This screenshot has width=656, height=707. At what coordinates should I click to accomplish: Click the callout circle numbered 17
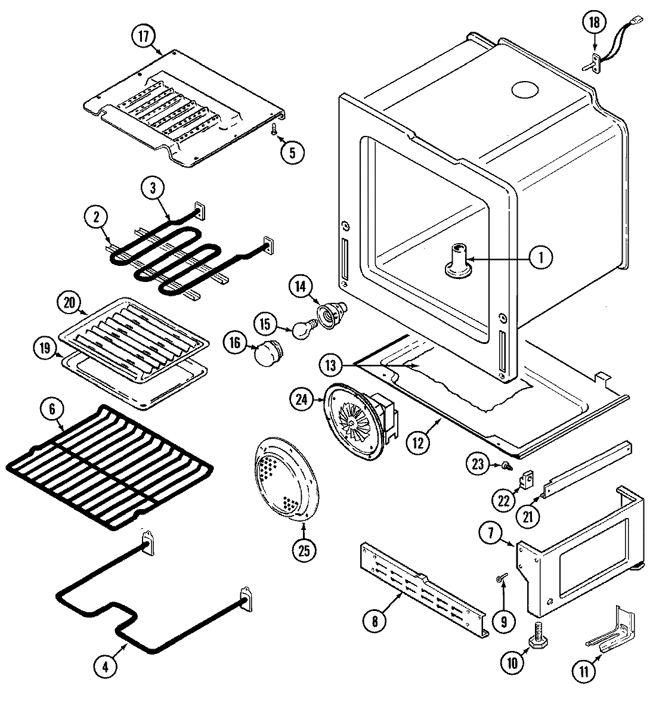(x=143, y=36)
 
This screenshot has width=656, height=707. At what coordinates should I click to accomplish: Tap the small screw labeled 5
(x=274, y=128)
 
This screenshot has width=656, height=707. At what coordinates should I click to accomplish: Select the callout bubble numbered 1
(x=540, y=258)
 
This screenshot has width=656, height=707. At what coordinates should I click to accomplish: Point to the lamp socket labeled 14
(x=327, y=314)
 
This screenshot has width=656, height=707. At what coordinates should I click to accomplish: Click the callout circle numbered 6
(x=52, y=409)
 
